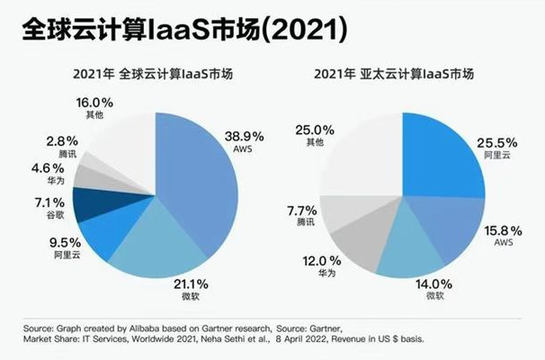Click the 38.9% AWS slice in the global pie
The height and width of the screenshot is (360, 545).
tap(198, 162)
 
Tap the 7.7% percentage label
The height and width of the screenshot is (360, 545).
tap(299, 211)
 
